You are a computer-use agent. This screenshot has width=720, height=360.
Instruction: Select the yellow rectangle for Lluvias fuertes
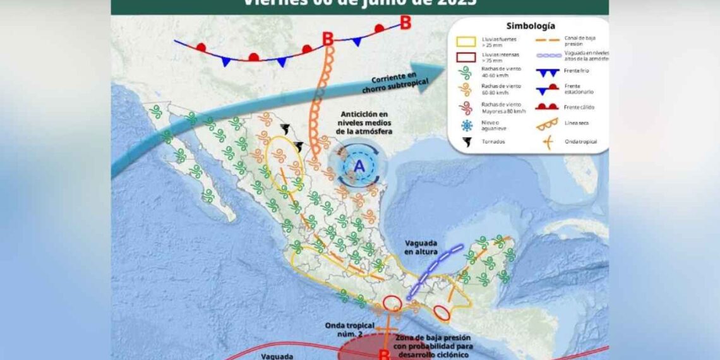point(467,42)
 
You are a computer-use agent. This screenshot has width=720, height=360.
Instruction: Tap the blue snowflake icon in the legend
point(467,125)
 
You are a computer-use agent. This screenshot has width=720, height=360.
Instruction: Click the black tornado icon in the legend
point(467,142)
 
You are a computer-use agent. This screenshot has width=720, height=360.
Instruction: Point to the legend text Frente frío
point(575,71)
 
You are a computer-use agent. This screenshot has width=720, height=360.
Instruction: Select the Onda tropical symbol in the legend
point(548,142)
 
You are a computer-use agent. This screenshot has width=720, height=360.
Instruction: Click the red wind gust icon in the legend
point(467,107)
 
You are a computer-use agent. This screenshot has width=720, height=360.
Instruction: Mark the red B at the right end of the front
point(405,23)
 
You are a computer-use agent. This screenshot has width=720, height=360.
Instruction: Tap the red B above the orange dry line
point(328,39)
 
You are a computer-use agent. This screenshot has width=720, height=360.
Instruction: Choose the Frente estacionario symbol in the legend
point(548,89)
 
